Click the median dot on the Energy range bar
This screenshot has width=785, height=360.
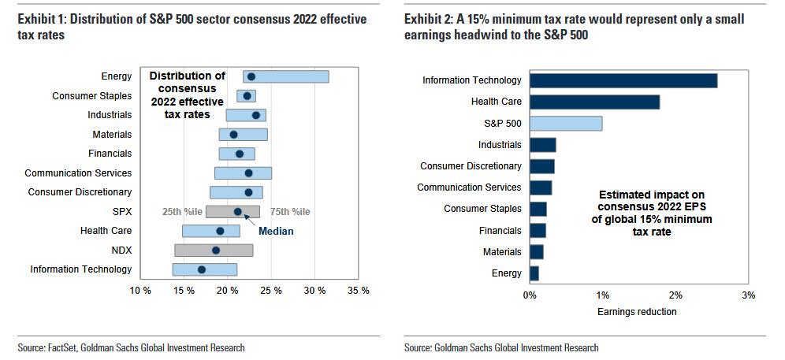(x=251, y=76)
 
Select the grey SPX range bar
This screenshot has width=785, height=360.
(x=233, y=212)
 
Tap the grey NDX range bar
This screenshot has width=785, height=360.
(x=214, y=251)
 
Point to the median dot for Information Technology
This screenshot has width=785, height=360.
(x=202, y=269)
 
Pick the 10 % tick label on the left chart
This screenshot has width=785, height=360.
(x=140, y=291)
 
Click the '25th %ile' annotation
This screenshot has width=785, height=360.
(x=182, y=212)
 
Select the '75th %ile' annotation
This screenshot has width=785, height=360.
(x=290, y=212)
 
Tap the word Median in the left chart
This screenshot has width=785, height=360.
(x=276, y=232)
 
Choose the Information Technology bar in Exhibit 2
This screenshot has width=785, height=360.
(x=623, y=80)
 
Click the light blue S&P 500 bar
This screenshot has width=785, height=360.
(x=566, y=123)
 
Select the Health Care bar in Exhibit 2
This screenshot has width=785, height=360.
(x=594, y=102)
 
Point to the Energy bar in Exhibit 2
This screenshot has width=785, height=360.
(x=534, y=273)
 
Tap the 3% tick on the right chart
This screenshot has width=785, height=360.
(x=748, y=295)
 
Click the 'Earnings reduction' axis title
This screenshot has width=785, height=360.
(x=637, y=311)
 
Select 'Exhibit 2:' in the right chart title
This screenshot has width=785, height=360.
(x=429, y=18)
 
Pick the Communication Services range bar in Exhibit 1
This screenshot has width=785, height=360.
(x=243, y=173)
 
